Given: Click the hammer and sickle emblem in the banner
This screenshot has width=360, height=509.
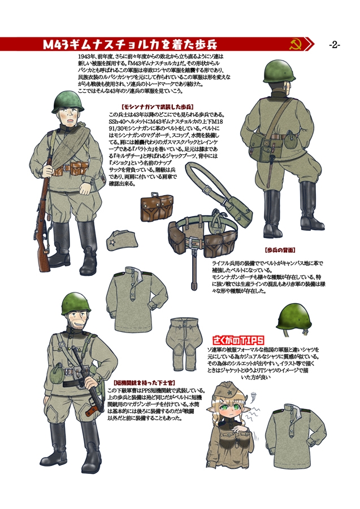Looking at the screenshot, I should click(x=294, y=44).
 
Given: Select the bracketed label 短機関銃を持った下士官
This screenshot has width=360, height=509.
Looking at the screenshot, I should click(x=138, y=383).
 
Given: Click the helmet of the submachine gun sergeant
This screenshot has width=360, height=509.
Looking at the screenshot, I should click(x=76, y=304).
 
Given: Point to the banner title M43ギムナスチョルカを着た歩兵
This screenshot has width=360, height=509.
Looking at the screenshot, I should click(x=130, y=44).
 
